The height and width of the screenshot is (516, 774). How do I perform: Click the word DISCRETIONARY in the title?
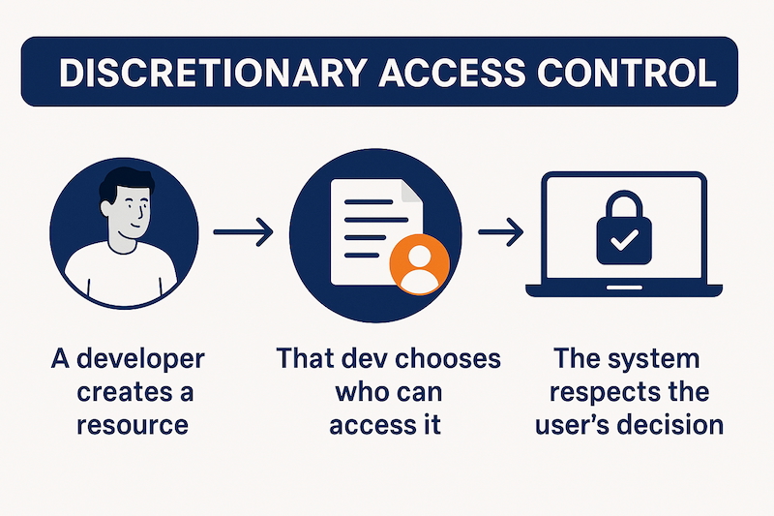213,73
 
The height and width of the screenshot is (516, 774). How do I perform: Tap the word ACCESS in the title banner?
452,73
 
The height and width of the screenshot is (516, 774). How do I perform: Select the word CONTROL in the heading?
626,73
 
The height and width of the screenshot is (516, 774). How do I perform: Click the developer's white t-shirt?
122,274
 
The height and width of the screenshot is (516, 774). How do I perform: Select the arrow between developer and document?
243,231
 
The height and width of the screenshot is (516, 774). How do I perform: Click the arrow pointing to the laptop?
500,231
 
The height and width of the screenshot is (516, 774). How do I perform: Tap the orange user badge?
420,264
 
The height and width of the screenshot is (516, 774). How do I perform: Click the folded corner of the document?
412,191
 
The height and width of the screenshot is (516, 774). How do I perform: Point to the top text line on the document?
369,202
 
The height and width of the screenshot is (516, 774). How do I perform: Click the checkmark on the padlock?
624,239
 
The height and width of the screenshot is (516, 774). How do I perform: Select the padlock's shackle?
624,205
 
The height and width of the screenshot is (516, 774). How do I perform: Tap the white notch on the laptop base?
624,287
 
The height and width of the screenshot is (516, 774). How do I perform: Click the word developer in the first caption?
140,360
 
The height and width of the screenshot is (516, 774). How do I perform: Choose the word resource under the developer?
133,425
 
